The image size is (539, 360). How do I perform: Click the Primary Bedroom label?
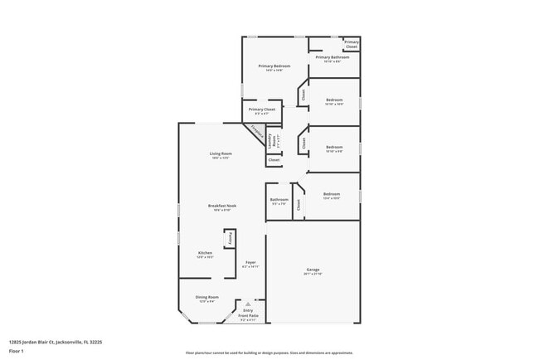[274, 66]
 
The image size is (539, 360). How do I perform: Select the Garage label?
[313, 271]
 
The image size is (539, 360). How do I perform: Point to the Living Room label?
[220, 154]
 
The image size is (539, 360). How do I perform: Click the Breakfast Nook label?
[220, 206]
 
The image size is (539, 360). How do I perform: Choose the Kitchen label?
[205, 253]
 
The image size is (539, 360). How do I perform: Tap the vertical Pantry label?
[231, 238]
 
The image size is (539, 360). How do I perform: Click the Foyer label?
[250, 263]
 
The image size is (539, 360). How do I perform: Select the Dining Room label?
[206, 297]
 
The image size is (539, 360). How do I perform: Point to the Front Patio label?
[248, 316]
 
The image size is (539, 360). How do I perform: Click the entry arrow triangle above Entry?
[248, 304]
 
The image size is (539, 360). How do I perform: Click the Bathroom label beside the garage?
[279, 200]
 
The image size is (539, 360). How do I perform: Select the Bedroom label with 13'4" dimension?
[331, 196]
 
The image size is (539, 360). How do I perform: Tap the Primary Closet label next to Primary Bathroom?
[352, 43]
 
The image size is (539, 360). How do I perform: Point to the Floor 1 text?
[17, 351]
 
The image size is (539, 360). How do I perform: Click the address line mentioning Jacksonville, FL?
[55, 341]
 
